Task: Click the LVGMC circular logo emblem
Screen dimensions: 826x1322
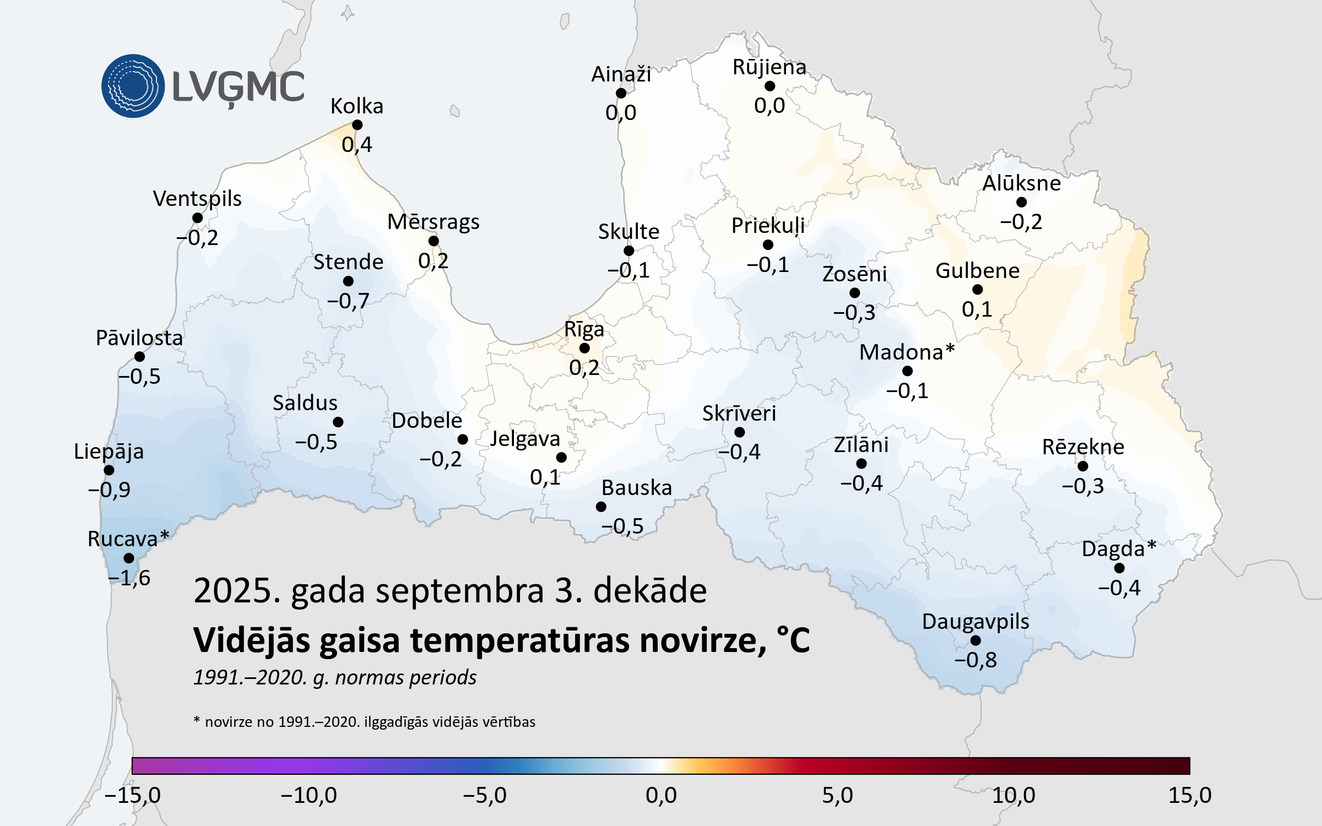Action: pos(133,86)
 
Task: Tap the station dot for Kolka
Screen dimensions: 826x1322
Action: pos(357,125)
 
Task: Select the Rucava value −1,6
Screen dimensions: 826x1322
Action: pos(129,578)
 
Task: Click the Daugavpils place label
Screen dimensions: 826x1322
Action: pos(976,621)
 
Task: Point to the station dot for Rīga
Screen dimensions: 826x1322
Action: pos(584,348)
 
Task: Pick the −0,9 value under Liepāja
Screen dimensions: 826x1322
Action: pos(110,490)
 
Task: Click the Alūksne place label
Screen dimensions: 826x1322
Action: pos(1021,183)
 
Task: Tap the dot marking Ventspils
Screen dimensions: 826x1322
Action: pos(197,218)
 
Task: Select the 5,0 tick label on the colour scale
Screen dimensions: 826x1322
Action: pos(837,795)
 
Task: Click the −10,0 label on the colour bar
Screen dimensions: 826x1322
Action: pos(308,795)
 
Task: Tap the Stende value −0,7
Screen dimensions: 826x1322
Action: pos(348,301)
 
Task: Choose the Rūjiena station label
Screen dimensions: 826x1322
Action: pos(769,67)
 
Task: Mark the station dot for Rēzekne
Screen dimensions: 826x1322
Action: pos(1082,466)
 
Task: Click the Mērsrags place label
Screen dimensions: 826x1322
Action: pos(433,222)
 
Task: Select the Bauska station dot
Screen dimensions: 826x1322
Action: pos(601,507)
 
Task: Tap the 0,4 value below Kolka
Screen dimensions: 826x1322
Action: pos(357,145)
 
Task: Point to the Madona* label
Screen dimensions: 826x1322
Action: pos(907,352)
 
